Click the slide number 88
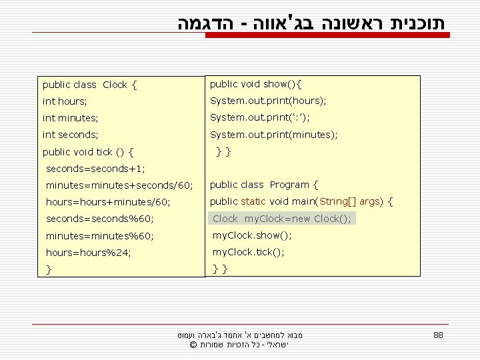coord(438,335)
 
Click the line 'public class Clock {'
coord(90,85)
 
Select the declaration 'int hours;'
coord(65,101)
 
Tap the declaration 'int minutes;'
coord(70,118)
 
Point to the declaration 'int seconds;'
coord(70,135)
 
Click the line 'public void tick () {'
coord(88,152)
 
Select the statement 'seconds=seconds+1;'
coord(95,169)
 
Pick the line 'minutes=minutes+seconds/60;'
coord(119,185)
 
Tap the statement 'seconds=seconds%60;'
coord(99,219)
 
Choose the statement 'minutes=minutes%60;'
coord(99,236)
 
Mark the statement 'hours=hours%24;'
coord(88,253)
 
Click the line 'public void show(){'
coord(256,84)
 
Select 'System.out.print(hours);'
coord(268,101)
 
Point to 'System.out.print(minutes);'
coord(273,135)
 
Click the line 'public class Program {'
coord(264,185)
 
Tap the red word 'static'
coord(253,201)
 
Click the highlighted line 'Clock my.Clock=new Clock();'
coord(282,219)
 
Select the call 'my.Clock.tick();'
coord(248,252)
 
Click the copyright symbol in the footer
coord(193,345)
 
